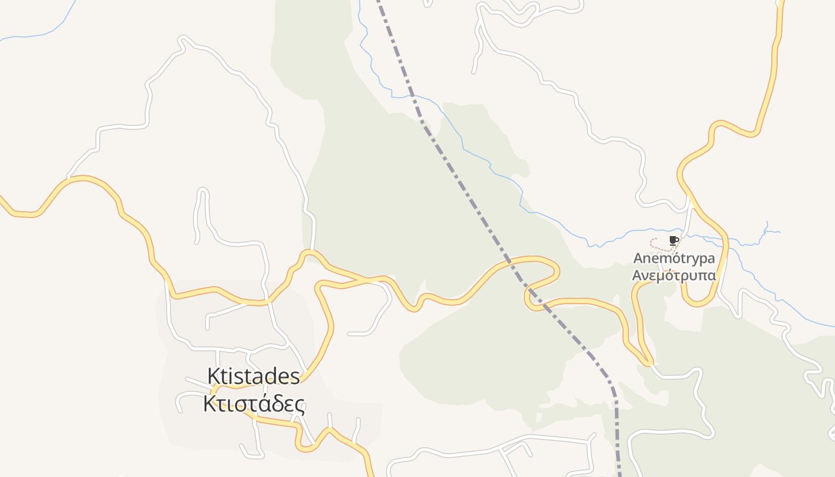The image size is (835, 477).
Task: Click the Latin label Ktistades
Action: tap(253, 376)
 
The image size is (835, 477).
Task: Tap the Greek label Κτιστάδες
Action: tap(253, 404)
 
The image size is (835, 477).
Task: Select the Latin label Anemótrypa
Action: tap(674, 259)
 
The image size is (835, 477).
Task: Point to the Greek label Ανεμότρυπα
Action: tap(674, 275)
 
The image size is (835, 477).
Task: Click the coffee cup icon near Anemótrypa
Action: tap(673, 240)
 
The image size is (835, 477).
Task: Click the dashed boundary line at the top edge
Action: tap(378, 2)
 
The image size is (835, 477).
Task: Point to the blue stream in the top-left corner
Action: tap(36, 35)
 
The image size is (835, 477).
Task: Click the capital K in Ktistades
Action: tap(213, 376)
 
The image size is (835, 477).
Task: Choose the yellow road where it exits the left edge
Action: tap(3, 202)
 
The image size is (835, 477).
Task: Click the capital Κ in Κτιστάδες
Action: tap(209, 404)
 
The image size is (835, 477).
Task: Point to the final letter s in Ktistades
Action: tap(295, 377)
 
